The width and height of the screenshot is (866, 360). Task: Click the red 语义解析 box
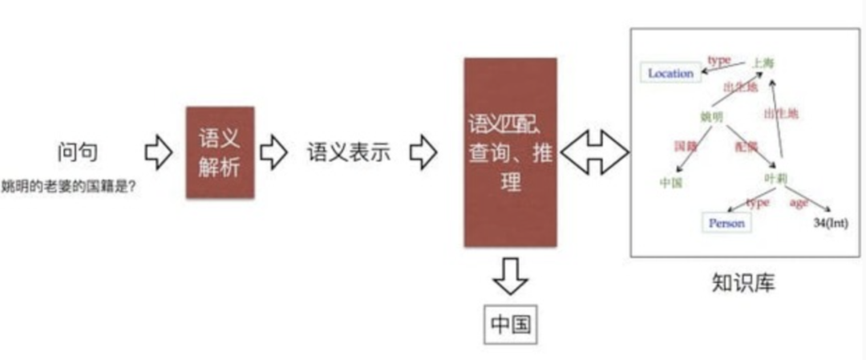[x=220, y=152]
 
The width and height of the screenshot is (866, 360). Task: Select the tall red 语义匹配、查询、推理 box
[x=510, y=152]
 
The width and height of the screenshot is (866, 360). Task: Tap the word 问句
[x=78, y=152]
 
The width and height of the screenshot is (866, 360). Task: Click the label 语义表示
[x=348, y=152]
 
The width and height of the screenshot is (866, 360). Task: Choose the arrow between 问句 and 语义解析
[x=158, y=152]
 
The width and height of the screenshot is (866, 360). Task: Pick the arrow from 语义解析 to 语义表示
[x=273, y=152]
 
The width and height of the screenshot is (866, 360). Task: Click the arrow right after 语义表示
[x=423, y=152]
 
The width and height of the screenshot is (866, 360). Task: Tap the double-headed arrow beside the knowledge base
[x=594, y=152]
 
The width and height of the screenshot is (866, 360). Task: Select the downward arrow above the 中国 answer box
[x=510, y=275]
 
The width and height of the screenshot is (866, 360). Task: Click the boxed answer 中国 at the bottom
[x=510, y=324]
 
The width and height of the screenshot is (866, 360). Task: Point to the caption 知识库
[x=743, y=282]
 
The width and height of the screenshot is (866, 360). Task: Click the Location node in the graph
[x=670, y=73]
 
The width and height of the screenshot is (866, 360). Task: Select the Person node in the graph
[x=726, y=223]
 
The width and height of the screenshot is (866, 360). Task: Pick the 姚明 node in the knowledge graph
[x=711, y=117]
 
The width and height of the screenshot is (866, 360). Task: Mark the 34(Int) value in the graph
[x=831, y=222]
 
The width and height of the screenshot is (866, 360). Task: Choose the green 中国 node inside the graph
[x=670, y=182]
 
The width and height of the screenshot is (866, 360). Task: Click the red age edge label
[x=799, y=203]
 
